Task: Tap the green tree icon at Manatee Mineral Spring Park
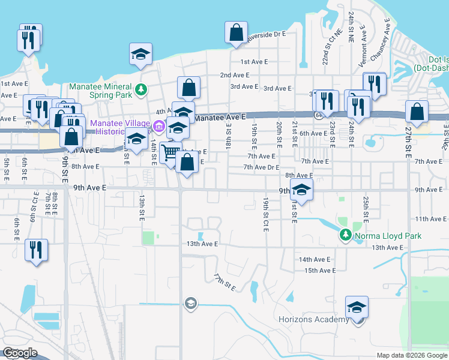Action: click(141, 90)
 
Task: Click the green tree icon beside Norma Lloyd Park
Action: click(345, 235)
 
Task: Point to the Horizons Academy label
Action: click(313, 319)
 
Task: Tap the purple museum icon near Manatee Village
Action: click(159, 126)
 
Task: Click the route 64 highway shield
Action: click(316, 114)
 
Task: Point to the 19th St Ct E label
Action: click(265, 214)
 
